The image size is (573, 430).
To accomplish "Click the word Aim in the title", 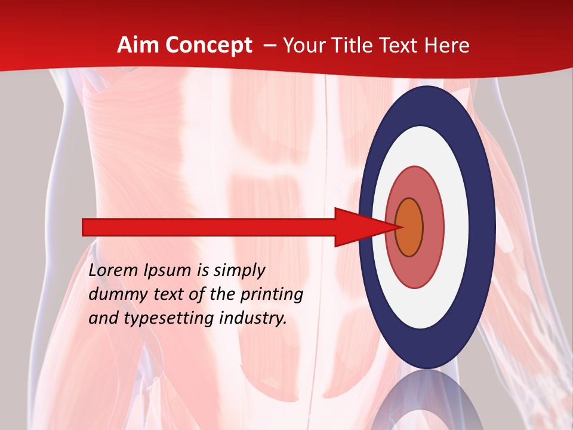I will pos(139,45).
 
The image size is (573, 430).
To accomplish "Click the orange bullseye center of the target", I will pos(409,227).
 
